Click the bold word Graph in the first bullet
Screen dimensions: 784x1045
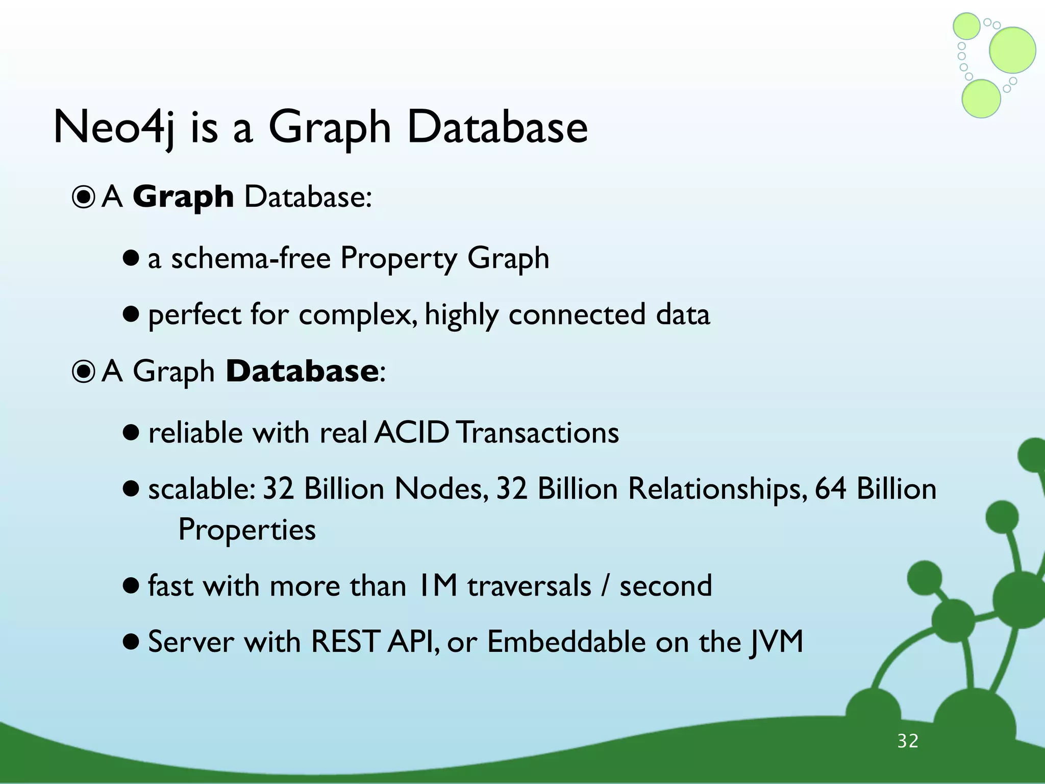183,197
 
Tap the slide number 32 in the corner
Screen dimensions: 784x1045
908,741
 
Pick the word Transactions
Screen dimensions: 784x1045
537,433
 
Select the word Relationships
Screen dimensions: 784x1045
717,489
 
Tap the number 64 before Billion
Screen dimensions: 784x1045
830,489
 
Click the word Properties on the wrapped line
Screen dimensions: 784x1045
247,530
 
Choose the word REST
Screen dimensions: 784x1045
345,642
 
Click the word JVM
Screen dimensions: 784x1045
777,642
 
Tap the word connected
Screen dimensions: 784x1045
577,314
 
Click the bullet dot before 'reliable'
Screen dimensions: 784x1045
131,433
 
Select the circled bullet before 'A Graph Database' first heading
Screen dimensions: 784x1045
84,198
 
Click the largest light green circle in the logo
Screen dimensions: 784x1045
1012,50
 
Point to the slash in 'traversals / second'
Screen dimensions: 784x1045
605,585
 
